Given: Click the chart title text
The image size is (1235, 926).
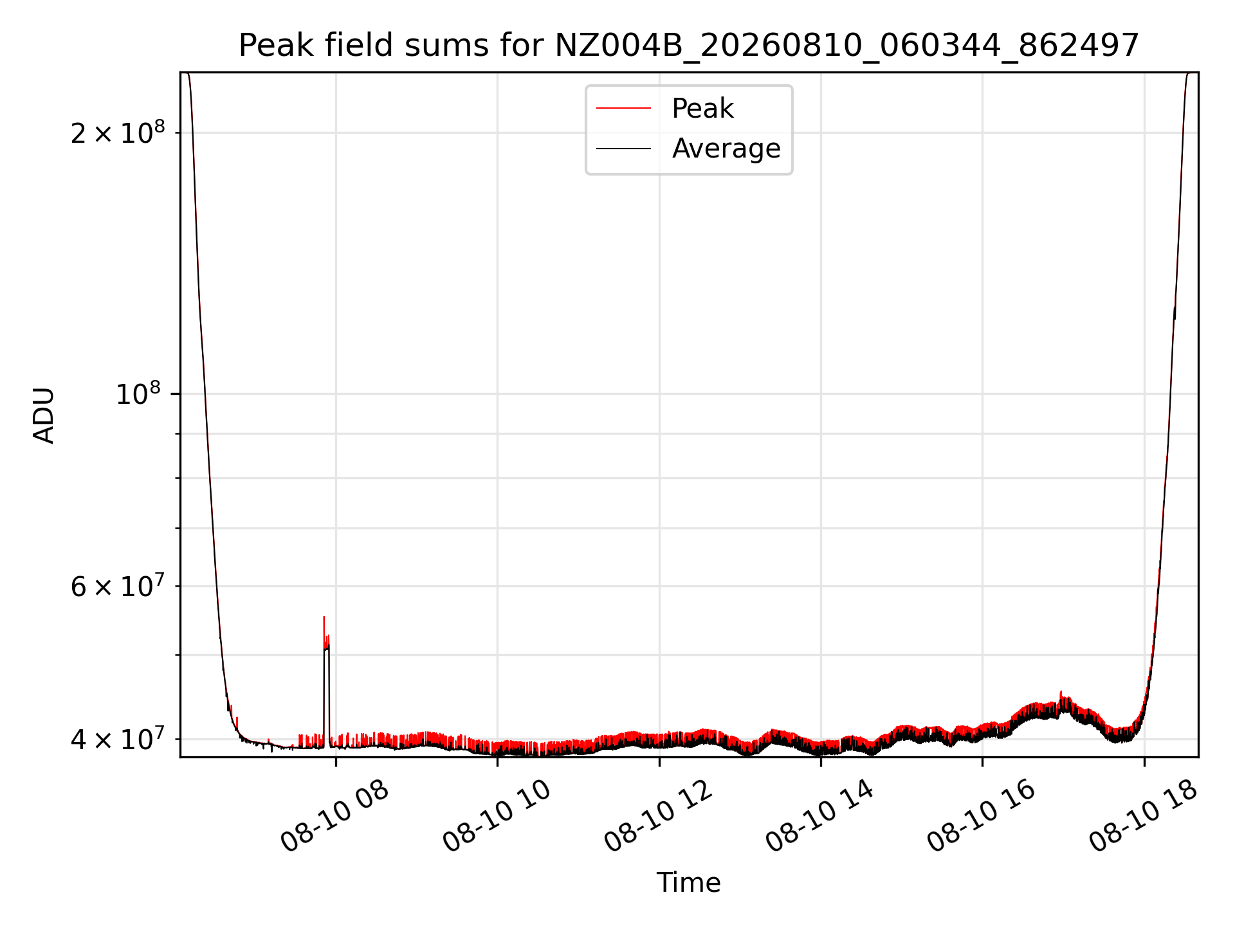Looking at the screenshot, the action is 689,46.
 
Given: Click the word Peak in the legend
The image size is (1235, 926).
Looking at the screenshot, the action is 702,109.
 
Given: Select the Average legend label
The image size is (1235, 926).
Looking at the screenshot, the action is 726,149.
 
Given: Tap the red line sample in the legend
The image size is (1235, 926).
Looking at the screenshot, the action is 623,109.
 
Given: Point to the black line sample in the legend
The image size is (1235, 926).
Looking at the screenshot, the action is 623,149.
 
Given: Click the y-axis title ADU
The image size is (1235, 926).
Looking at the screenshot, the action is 44,415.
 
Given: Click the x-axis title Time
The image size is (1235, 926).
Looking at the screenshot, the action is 689,882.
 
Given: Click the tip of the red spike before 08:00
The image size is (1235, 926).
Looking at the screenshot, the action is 324,617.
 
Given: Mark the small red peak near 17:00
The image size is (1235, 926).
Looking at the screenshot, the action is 1061,692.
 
